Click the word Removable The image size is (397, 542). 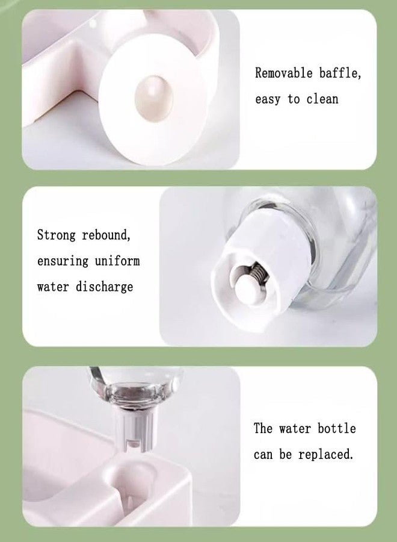point(284,73)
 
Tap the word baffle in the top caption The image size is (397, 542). point(340,73)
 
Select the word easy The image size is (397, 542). point(268,99)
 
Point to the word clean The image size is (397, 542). point(322,99)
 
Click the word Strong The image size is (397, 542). point(56,235)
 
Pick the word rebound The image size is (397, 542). point(106,235)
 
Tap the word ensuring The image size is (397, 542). point(63,261)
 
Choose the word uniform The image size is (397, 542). point(117,261)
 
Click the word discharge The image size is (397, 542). point(104,287)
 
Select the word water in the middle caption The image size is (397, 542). point(53,287)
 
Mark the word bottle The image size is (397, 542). point(337,429)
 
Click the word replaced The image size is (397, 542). point(326,455)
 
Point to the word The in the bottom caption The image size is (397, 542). point(263,429)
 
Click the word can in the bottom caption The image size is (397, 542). point(263,455)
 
